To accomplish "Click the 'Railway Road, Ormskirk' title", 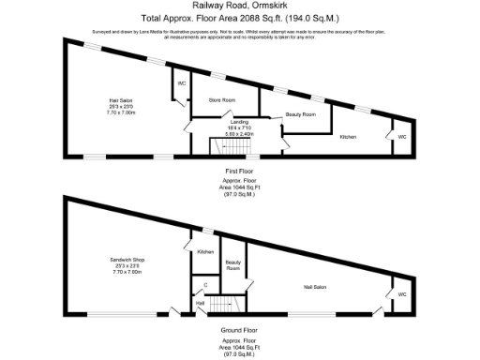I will point(240,6).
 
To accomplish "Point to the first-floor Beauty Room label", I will point(301,114).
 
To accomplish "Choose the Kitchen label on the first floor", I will point(348,137).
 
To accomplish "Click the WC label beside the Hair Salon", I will point(182,83).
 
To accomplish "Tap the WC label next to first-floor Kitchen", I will point(401,137).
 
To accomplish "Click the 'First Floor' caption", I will point(240,171).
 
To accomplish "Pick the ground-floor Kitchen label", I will point(205,251).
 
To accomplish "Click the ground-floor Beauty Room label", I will point(233,265).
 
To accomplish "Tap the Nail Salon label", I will point(313,287).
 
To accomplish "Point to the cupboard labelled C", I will point(205,284).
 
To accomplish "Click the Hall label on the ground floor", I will point(200,304).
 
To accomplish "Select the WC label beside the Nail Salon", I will point(401,294).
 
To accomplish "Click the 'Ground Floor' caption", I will point(240,329).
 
